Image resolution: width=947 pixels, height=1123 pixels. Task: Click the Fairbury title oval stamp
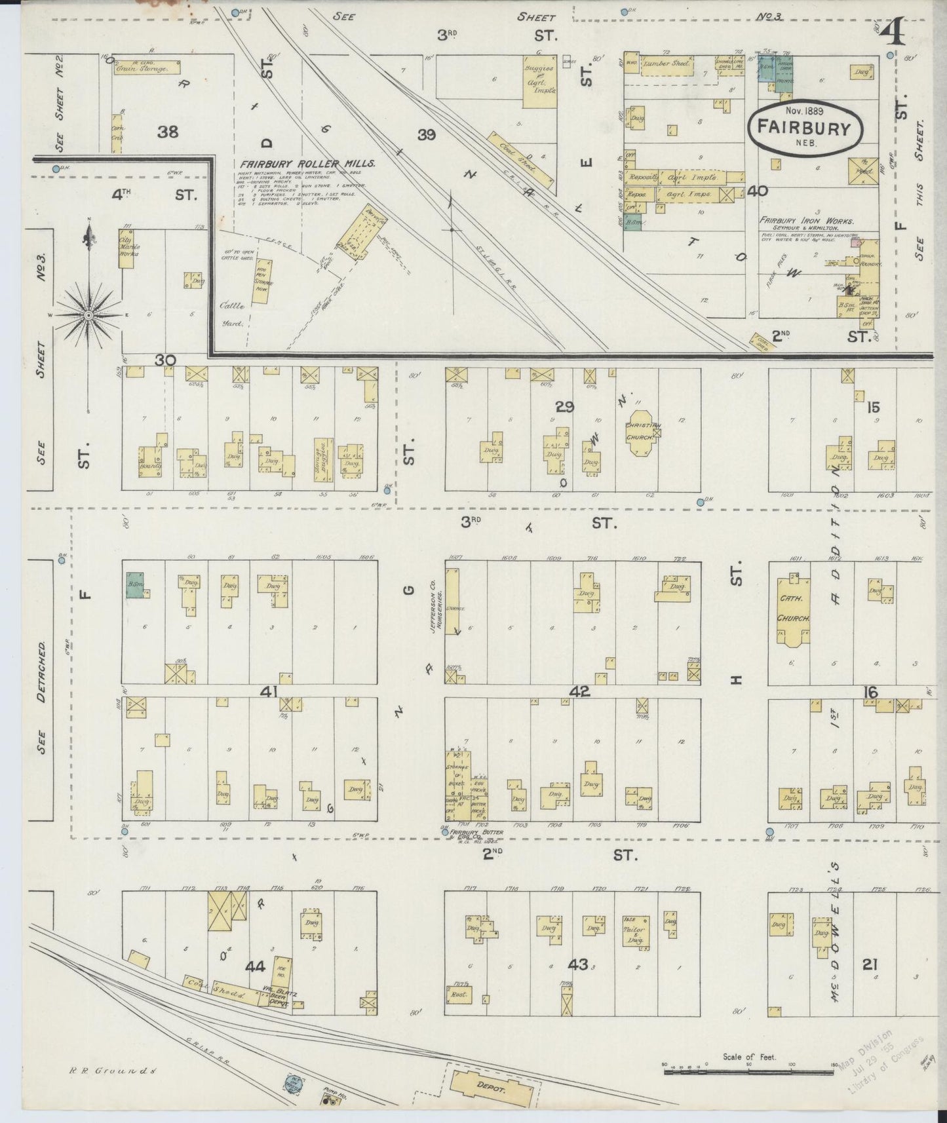pyautogui.click(x=804, y=127)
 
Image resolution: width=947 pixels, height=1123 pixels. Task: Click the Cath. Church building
pyautogui.click(x=794, y=609)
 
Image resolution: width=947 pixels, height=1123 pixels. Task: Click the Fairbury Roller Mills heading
pyautogui.click(x=307, y=164)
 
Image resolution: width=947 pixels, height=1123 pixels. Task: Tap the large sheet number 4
pyautogui.click(x=896, y=31)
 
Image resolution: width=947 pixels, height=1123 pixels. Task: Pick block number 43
pyautogui.click(x=578, y=964)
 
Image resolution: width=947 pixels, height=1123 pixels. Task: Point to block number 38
pyautogui.click(x=168, y=132)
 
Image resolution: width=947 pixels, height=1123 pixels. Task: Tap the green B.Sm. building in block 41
pyautogui.click(x=136, y=584)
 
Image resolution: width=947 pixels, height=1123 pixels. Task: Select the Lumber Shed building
pyautogui.click(x=666, y=65)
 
